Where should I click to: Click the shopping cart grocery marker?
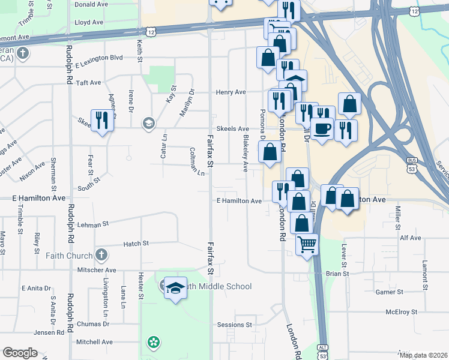pyautogui.click(x=307, y=244)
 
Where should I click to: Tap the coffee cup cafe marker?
pyautogui.click(x=322, y=129)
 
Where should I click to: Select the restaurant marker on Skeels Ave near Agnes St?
pyautogui.click(x=101, y=120)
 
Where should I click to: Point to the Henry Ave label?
pyautogui.click(x=232, y=92)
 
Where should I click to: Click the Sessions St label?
pyautogui.click(x=235, y=325)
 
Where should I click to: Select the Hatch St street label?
pyautogui.click(x=136, y=244)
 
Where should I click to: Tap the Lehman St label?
pyautogui.click(x=92, y=224)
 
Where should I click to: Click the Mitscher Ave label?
pyautogui.click(x=96, y=271)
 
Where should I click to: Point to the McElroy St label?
pyautogui.click(x=402, y=312)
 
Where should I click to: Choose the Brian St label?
pyautogui.click(x=337, y=274)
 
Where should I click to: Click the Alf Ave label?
pyautogui.click(x=411, y=238)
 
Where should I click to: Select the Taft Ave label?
pyautogui.click(x=88, y=82)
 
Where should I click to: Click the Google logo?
pyautogui.click(x=20, y=353)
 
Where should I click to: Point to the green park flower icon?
pyautogui.click(x=154, y=343)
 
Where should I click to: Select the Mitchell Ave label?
pyautogui.click(x=94, y=342)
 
